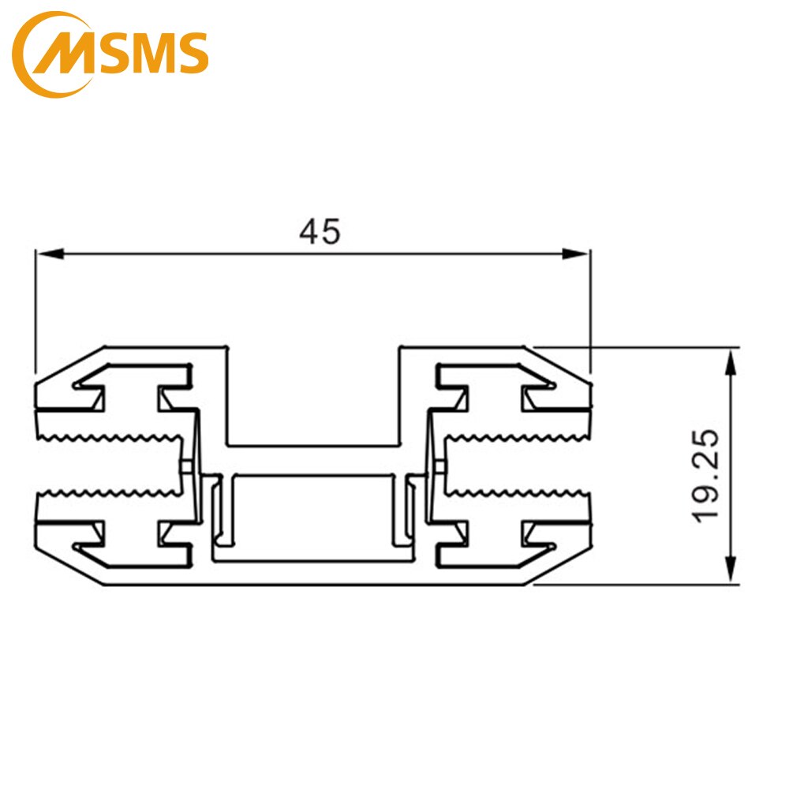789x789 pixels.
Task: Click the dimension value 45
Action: (320, 231)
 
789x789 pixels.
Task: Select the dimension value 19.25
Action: (705, 474)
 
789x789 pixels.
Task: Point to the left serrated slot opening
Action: (110, 466)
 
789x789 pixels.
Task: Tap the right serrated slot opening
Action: (517, 466)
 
